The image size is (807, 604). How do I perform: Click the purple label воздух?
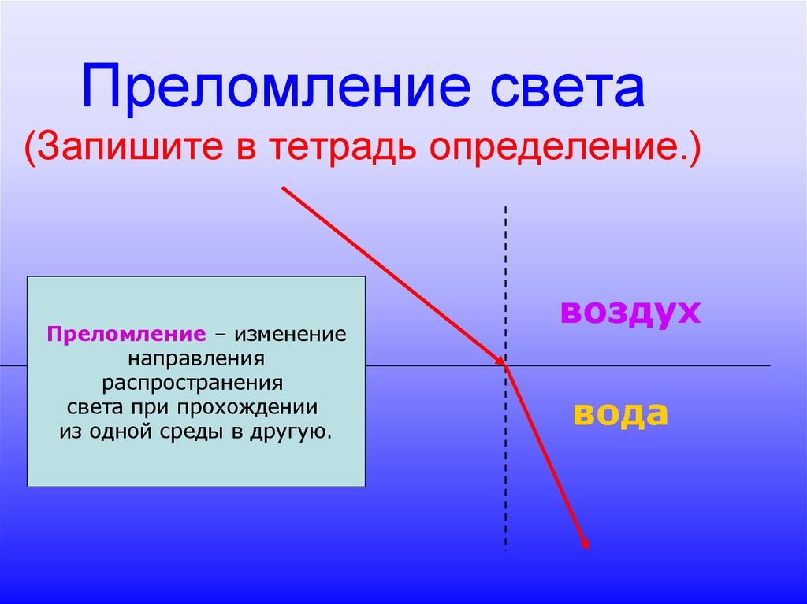pyautogui.click(x=630, y=311)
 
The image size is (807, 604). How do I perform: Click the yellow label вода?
pyautogui.click(x=620, y=413)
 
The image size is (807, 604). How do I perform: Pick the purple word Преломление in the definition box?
pyautogui.click(x=126, y=333)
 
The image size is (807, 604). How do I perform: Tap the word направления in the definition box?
pyautogui.click(x=195, y=358)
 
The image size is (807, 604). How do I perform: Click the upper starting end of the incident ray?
pyautogui.click(x=283, y=188)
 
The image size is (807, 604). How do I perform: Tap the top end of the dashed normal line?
pyautogui.click(x=505, y=207)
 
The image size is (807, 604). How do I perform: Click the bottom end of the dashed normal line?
pyautogui.click(x=505, y=549)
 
